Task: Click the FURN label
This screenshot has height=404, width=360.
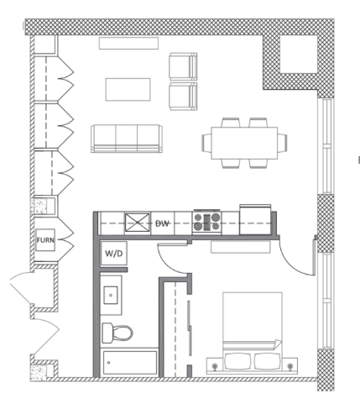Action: (x=45, y=240)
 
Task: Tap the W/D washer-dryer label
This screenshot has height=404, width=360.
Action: (x=114, y=254)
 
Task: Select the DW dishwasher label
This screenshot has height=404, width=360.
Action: (x=162, y=223)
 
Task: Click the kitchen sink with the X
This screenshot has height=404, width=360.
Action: (x=137, y=223)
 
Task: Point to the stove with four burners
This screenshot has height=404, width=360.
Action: (x=207, y=222)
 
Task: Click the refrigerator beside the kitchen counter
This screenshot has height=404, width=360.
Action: (x=255, y=220)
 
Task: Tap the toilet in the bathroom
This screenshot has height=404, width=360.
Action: (x=117, y=333)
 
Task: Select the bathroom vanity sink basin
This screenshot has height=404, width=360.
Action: (x=111, y=295)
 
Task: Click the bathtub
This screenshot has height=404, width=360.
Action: (x=130, y=363)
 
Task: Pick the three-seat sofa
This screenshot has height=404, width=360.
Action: (x=127, y=139)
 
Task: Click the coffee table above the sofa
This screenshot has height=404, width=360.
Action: (x=128, y=90)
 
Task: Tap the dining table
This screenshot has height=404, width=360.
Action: (x=244, y=143)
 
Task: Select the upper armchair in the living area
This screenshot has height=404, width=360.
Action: (x=183, y=66)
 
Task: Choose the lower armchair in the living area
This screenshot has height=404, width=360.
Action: (x=183, y=97)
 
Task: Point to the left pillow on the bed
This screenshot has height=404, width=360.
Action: (x=238, y=361)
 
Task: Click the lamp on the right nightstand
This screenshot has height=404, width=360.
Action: (x=290, y=366)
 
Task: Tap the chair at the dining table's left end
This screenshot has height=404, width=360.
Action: (x=206, y=143)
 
